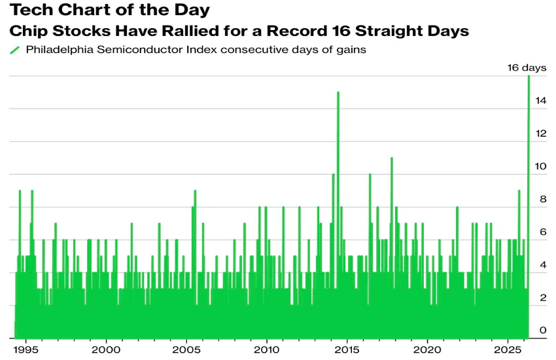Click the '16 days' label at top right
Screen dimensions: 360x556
[528, 67]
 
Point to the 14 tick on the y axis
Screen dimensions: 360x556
[540, 101]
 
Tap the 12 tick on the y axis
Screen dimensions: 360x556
[540, 134]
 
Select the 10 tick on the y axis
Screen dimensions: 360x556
[540, 166]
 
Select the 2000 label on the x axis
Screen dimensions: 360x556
[106, 350]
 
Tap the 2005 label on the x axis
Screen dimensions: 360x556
[186, 350]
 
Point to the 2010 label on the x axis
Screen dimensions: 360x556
[267, 350]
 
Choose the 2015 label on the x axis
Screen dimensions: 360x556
[347, 350]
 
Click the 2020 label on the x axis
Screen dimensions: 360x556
[428, 350]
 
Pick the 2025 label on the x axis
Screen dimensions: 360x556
[508, 350]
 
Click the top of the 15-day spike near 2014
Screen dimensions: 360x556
[338, 93]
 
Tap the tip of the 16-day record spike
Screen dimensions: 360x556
[529, 77]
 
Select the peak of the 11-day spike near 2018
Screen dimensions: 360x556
[391, 158]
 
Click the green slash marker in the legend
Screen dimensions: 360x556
[14, 50]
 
